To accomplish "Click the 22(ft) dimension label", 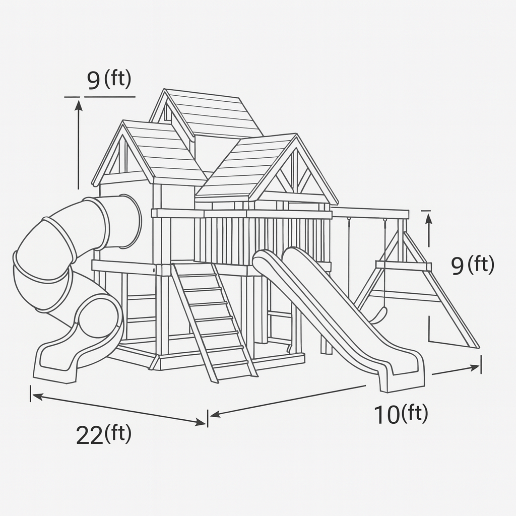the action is click(x=104, y=434).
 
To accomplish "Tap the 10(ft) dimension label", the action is click(x=401, y=414).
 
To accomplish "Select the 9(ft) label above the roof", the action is click(x=109, y=80).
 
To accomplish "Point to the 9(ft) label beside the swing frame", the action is click(x=473, y=265).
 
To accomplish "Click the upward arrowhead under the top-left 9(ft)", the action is click(x=78, y=105).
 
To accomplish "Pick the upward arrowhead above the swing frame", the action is click(x=428, y=219).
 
